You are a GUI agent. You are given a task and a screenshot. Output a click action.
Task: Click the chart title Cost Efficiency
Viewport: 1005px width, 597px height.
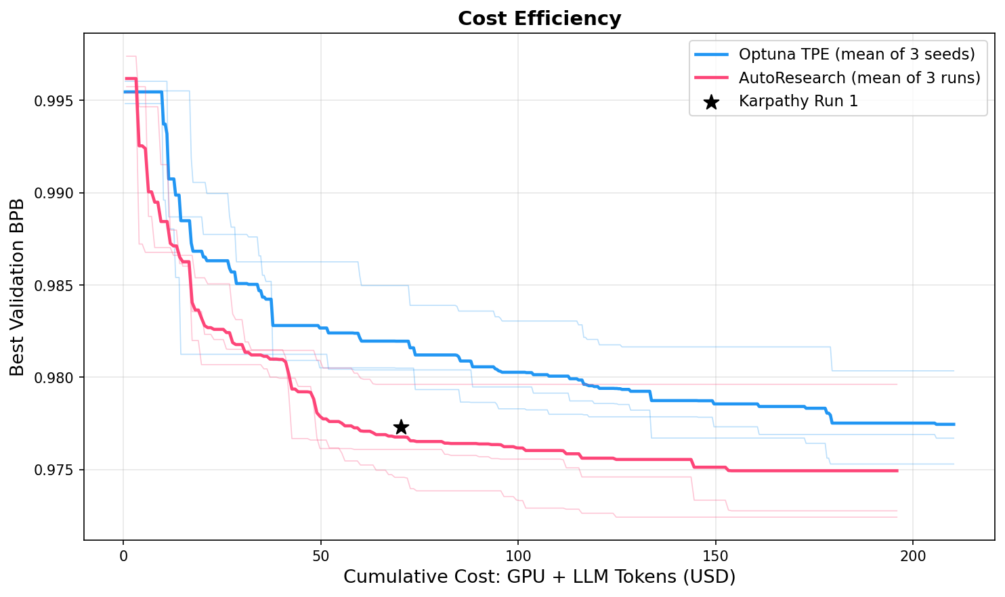539,18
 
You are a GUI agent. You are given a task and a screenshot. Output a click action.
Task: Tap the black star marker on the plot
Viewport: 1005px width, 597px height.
401,427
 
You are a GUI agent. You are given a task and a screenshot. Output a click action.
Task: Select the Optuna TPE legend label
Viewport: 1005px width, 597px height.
857,54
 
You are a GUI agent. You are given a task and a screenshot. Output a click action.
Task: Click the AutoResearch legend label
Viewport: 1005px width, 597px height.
859,78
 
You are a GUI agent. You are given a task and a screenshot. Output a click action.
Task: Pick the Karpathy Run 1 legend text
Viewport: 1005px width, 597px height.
798,102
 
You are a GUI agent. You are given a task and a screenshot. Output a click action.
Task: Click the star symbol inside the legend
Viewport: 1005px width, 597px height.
710,102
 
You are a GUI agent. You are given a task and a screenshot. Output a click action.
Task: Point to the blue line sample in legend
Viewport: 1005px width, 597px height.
710,54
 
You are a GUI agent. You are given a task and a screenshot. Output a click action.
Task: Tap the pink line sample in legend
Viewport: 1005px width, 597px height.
710,78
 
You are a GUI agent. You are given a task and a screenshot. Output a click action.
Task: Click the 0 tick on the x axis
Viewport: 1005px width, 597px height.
123,556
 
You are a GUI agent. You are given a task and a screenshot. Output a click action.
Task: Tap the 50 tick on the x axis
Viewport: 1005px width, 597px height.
320,556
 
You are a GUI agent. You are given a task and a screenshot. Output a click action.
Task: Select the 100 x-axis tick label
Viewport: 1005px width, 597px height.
517,556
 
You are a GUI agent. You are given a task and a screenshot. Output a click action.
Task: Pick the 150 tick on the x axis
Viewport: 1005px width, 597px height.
715,556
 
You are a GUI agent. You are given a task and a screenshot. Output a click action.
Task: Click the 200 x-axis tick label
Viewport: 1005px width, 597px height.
912,556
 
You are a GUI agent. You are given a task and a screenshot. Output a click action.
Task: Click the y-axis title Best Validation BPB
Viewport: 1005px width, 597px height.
18,287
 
